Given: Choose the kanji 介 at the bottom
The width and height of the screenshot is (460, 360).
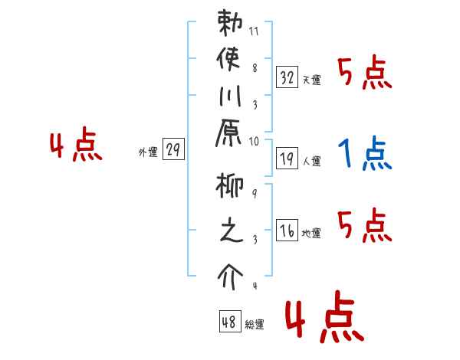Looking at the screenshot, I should (230, 272).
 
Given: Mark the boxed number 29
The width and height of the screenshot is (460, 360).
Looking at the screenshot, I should (173, 151).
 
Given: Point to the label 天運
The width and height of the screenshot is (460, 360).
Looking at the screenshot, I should (311, 80).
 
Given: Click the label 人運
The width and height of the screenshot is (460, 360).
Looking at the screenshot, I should (311, 161).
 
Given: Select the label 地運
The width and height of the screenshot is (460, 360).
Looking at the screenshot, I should (311, 233).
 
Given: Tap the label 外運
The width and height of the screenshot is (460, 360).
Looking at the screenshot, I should (148, 152).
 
